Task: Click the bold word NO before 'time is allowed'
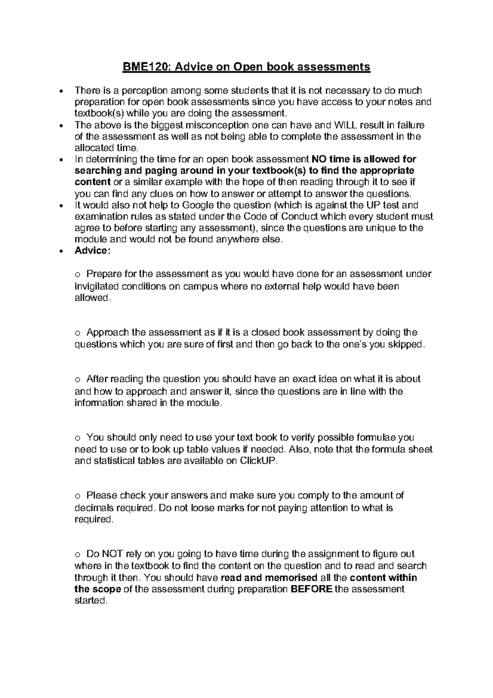(319, 159)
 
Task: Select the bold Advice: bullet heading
(92, 251)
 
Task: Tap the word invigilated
(97, 286)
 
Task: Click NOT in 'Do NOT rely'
(113, 554)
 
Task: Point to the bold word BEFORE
(311, 589)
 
